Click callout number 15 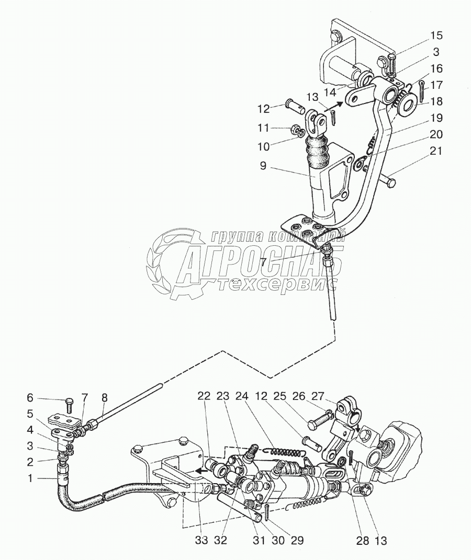click(436, 36)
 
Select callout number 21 click(436, 152)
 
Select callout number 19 click(437, 118)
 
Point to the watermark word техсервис click(277, 285)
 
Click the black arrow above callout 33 click(200, 470)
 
